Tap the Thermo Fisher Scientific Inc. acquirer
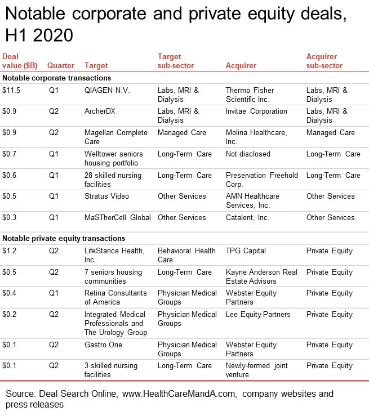point(250,95)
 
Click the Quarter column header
point(61,65)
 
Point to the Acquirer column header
point(241,65)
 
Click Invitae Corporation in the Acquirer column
point(256,111)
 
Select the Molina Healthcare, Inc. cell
point(256,137)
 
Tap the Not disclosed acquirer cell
point(248,154)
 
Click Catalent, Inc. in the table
point(247,217)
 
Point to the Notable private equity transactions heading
point(64,238)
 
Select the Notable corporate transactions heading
point(57,78)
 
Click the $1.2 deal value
point(9,251)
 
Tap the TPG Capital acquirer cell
point(246,251)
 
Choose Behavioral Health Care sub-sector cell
point(186,255)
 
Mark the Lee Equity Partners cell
point(258,314)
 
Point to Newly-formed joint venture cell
point(257,370)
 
